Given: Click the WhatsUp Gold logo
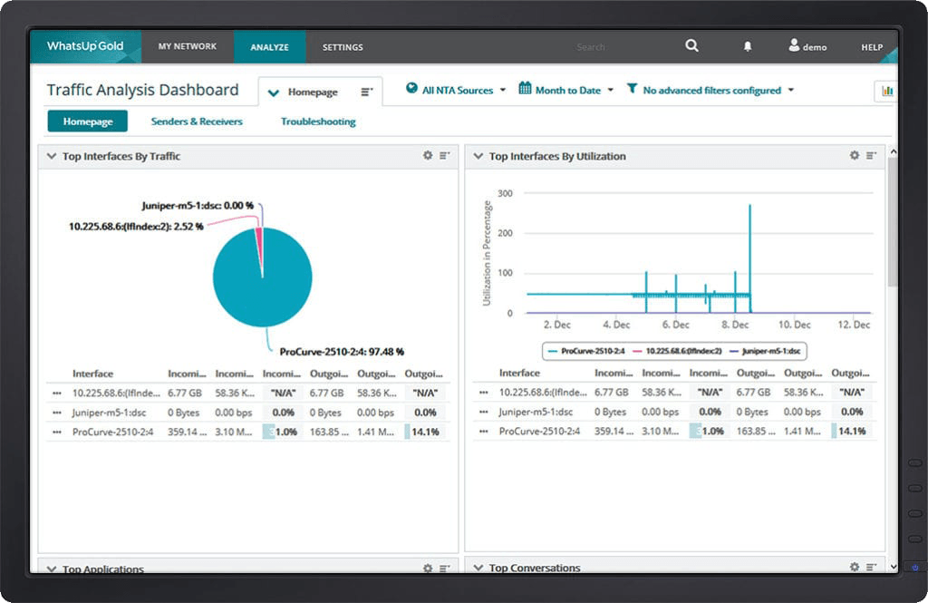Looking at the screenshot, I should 85,46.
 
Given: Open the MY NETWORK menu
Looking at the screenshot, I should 188,47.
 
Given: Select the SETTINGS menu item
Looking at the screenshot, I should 343,47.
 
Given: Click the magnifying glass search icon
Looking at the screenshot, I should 692,46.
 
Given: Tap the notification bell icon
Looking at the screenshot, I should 748,46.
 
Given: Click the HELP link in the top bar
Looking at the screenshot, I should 872,47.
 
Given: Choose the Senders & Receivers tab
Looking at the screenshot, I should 197,122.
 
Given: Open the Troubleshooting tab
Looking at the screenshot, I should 318,122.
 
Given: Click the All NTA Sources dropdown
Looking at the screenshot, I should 456,91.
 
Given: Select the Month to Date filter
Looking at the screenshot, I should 566,91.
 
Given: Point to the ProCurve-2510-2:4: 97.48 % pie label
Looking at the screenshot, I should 342,352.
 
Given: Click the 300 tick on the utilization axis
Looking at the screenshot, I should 506,193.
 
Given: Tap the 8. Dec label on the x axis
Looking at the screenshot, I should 735,325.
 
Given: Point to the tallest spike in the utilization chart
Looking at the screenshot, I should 749,209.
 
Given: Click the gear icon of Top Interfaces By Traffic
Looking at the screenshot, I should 428,156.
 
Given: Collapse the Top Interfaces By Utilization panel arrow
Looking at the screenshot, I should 478,156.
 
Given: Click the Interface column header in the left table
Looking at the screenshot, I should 92,374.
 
